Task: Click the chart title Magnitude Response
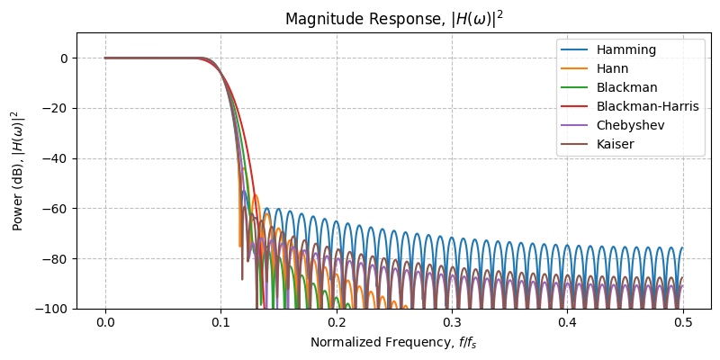pos(393,19)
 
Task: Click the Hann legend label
pos(609,68)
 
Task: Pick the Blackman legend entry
pos(620,87)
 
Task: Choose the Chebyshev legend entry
pos(624,125)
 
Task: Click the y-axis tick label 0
pos(66,58)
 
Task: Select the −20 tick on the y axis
pos(58,108)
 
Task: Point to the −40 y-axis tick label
pos(58,158)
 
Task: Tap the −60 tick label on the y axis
pos(58,209)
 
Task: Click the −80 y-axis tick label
pos(58,258)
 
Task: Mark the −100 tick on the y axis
pos(56,309)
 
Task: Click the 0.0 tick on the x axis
pos(105,323)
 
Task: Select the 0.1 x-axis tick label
pos(220,323)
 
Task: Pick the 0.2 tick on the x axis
pos(337,323)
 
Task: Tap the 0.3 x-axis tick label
pos(452,323)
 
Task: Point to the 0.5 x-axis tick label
pos(682,323)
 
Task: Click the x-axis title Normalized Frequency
pos(393,342)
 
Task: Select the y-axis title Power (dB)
pos(16,171)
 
